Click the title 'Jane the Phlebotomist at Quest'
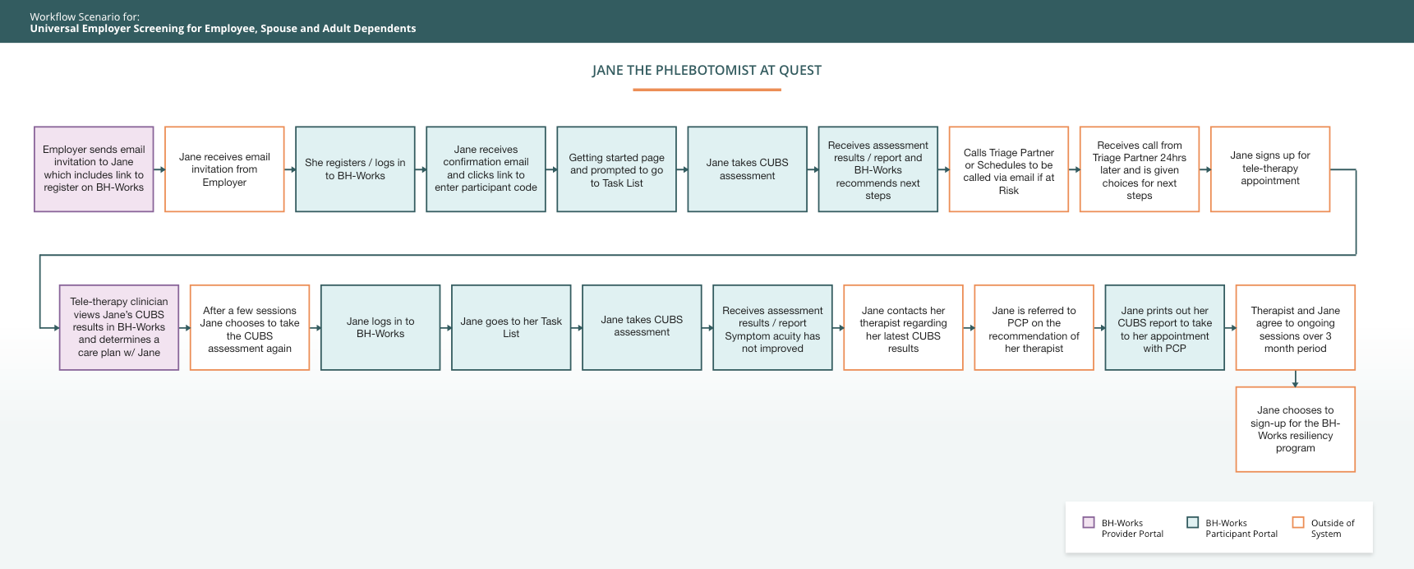tap(707, 71)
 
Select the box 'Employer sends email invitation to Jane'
tap(94, 169)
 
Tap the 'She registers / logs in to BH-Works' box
tap(355, 169)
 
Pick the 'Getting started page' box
tap(617, 169)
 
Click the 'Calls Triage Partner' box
tap(1009, 169)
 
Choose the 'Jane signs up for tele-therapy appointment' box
tap(1270, 169)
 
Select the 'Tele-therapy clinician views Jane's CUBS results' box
tap(119, 327)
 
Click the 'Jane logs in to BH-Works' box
tap(380, 327)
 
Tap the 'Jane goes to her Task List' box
tap(511, 327)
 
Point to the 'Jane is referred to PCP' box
tap(1034, 327)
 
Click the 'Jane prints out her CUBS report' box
tap(1165, 327)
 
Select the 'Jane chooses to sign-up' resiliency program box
tap(1296, 429)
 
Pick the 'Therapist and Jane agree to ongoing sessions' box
tap(1296, 327)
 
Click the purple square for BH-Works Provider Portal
tap(1089, 522)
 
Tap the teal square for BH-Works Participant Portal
tap(1193, 522)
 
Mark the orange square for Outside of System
tap(1298, 522)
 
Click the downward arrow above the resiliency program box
tap(1296, 379)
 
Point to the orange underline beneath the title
tap(707, 90)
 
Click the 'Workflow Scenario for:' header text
tap(85, 16)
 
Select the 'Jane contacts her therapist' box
tap(904, 327)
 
